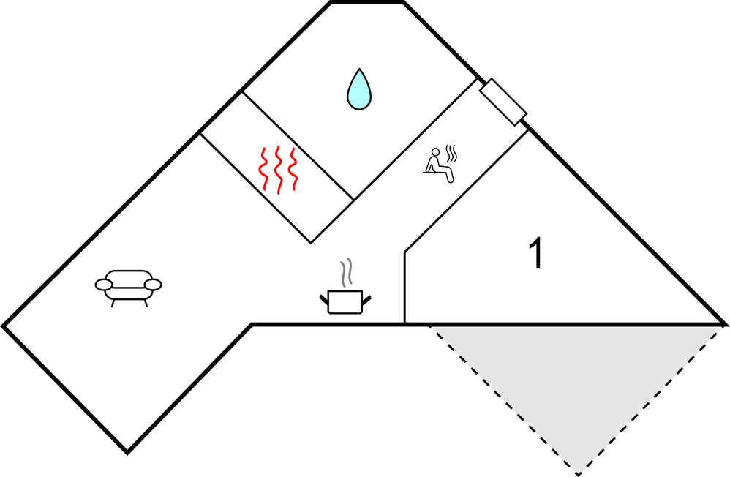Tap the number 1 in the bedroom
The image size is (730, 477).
coord(535,255)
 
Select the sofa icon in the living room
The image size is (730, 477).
coord(128,286)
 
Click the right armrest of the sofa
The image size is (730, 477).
coord(153,284)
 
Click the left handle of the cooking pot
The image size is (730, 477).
coord(324,298)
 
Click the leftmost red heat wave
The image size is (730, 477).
coord(263,170)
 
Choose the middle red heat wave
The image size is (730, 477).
coord(278,170)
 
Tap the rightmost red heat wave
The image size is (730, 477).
coord(293,170)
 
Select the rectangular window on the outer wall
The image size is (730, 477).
coord(503,100)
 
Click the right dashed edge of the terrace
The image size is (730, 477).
coord(651,399)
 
